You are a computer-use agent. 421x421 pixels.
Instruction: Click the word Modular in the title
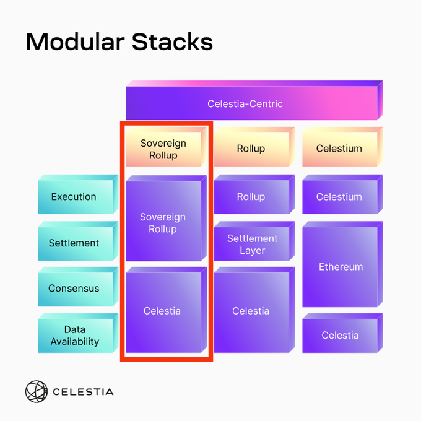pyautogui.click(x=76, y=41)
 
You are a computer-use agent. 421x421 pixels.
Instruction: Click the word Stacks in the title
pyautogui.click(x=172, y=41)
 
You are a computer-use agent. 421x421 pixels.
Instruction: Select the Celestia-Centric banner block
pyautogui.click(x=254, y=100)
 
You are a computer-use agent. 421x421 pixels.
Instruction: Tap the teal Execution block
pyautogui.click(x=78, y=194)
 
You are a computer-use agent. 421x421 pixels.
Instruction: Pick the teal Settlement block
pyautogui.click(x=78, y=241)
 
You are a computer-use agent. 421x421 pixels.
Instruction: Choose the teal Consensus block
pyautogui.click(x=78, y=287)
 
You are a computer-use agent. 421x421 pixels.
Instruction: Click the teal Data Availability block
pyautogui.click(x=78, y=333)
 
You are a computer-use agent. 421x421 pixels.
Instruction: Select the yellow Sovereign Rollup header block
pyautogui.click(x=166, y=147)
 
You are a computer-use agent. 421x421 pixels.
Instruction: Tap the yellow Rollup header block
pyautogui.click(x=254, y=147)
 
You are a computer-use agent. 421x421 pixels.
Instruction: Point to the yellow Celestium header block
pyautogui.click(x=342, y=147)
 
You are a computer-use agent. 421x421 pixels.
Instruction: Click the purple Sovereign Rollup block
pyautogui.click(x=166, y=218)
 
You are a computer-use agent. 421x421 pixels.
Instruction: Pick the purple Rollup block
pyautogui.click(x=254, y=194)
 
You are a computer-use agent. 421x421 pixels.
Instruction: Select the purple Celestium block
pyautogui.click(x=342, y=194)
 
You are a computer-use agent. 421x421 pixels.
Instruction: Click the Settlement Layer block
pyautogui.click(x=254, y=241)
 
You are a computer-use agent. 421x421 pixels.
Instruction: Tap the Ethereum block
pyautogui.click(x=342, y=264)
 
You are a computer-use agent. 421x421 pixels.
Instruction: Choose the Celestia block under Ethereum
pyautogui.click(x=342, y=333)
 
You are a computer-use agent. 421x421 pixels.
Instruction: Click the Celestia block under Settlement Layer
pyautogui.click(x=254, y=310)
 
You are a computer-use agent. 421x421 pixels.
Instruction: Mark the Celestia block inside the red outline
pyautogui.click(x=166, y=310)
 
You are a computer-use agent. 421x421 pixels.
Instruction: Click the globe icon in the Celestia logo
pyautogui.click(x=37, y=391)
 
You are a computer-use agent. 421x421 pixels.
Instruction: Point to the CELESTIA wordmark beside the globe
pyautogui.click(x=83, y=392)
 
